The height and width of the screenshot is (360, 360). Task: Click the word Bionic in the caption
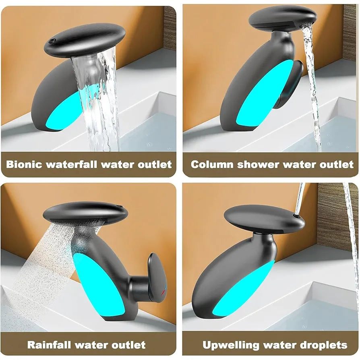pyautogui.click(x=24, y=164)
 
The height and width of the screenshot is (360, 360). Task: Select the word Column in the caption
pyautogui.click(x=212, y=164)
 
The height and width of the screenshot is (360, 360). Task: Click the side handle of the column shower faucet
pyautogui.click(x=290, y=84)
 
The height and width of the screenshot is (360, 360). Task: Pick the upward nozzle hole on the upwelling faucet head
pyautogui.click(x=297, y=216)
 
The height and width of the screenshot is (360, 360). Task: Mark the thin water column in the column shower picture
pyautogui.click(x=311, y=85)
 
